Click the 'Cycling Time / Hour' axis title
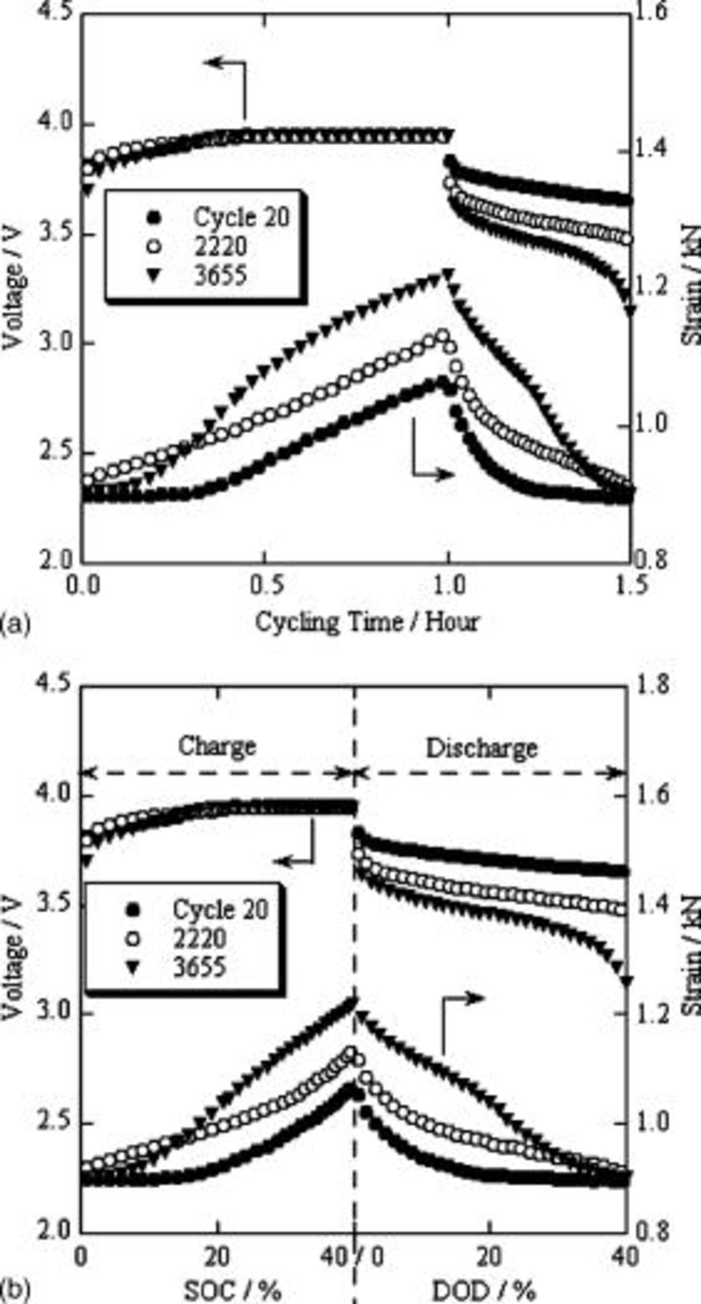(x=367, y=622)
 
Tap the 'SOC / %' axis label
(x=233, y=1290)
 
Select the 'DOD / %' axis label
(x=484, y=1290)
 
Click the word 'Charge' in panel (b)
(x=217, y=745)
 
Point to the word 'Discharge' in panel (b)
(x=481, y=748)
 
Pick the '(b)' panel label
(x=15, y=1290)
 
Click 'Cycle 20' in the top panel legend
(x=241, y=217)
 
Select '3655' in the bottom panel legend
(x=199, y=967)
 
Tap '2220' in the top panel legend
(x=220, y=246)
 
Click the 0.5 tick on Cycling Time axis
(x=265, y=585)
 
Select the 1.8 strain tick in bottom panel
(x=653, y=685)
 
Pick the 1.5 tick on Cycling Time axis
(x=630, y=585)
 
